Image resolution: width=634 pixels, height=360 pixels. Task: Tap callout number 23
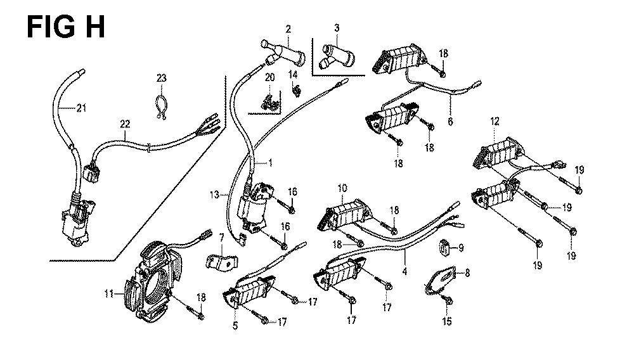coord(161,78)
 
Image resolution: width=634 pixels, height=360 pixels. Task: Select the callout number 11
coord(108,293)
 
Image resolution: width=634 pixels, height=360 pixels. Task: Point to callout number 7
coord(222,238)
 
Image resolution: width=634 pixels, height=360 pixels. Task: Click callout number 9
coord(460,247)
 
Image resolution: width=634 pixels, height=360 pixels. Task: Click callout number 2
coord(288,29)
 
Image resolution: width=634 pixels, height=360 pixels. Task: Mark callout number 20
coord(270,77)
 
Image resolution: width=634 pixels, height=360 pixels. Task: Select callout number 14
coord(293,75)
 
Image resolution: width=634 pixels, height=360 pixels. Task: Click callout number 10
coord(342,188)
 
